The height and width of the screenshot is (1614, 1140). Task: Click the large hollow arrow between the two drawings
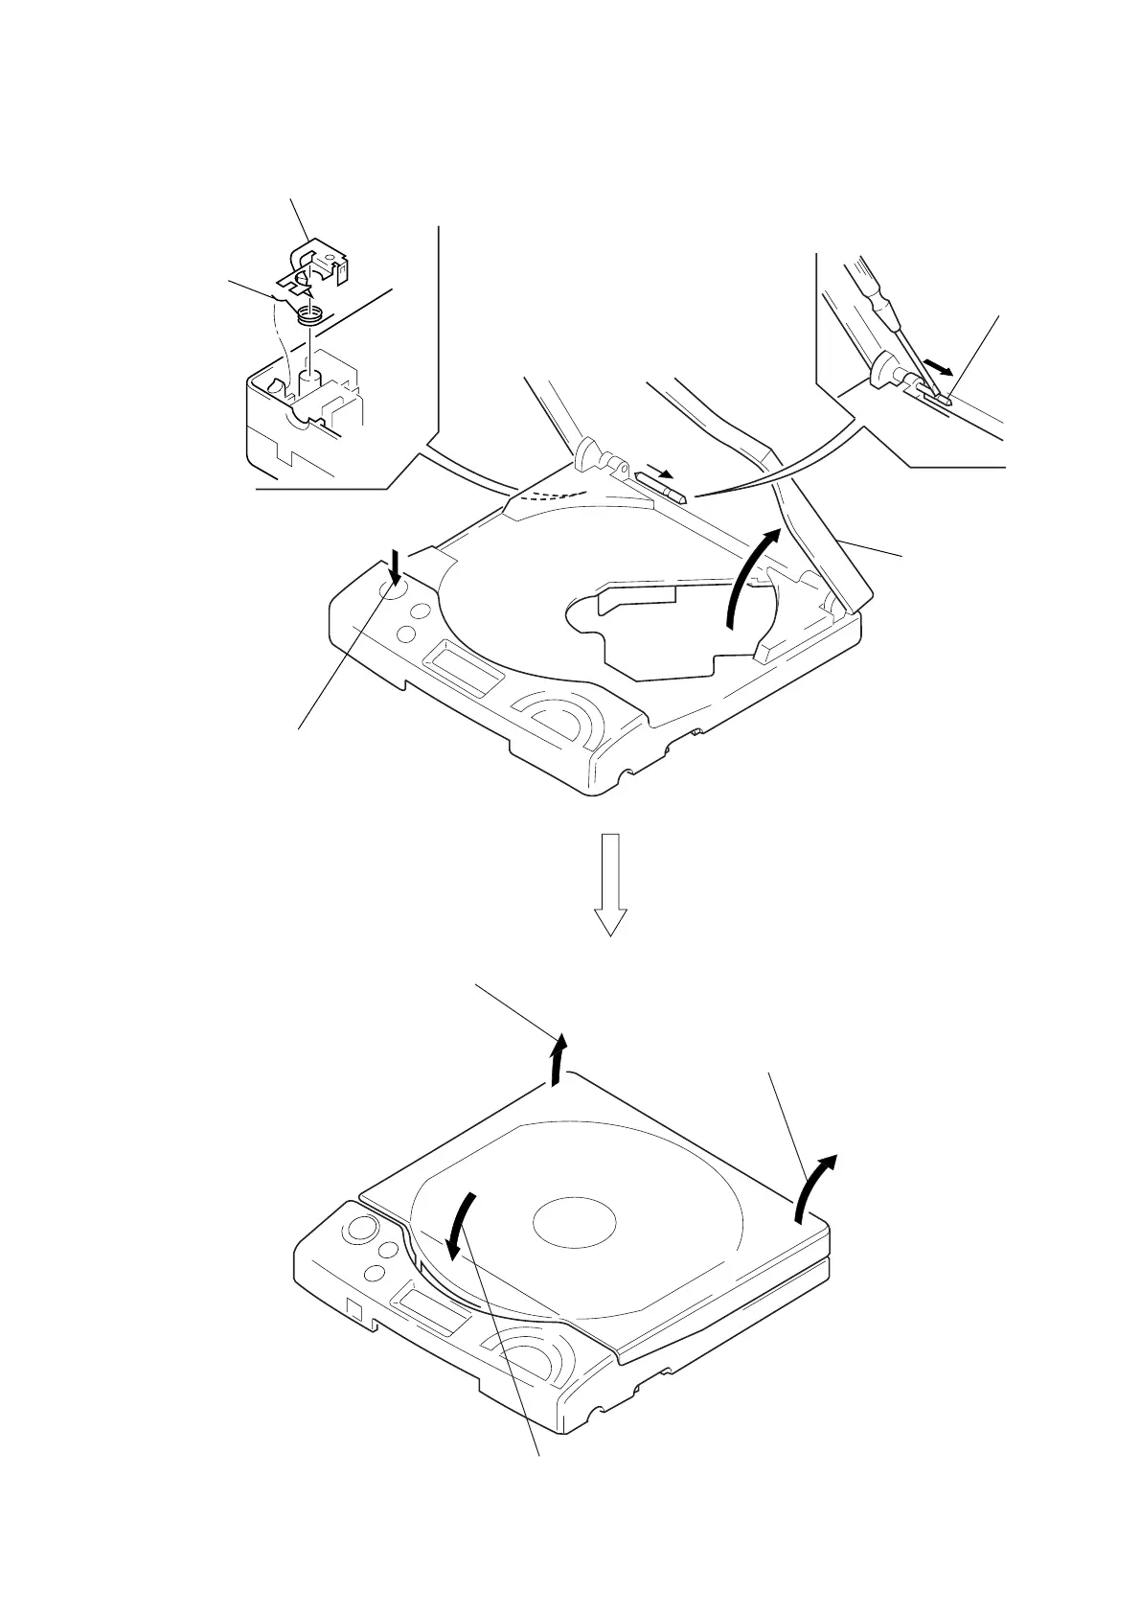click(610, 883)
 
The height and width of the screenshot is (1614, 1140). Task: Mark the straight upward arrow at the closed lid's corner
click(560, 1058)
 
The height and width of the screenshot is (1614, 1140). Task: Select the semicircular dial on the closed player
click(532, 1360)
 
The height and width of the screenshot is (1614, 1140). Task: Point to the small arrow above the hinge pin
click(659, 472)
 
